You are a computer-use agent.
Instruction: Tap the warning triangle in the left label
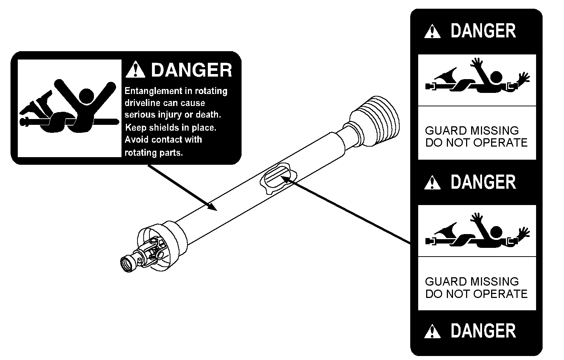[x=135, y=69]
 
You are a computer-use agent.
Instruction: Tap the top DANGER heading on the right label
[x=483, y=31]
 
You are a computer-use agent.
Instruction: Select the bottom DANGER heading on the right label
[x=483, y=331]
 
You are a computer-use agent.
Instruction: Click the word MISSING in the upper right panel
[x=494, y=131]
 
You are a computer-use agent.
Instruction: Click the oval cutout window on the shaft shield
[x=278, y=178]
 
